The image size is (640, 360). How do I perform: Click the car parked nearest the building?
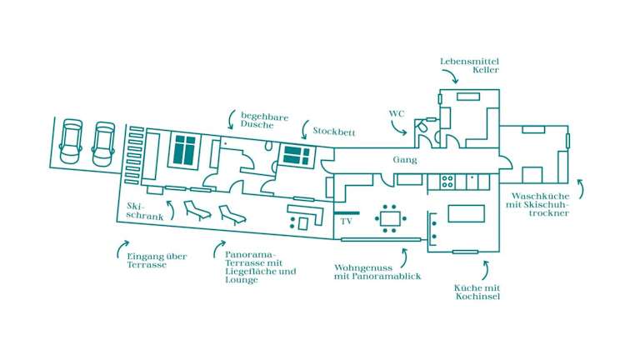[103, 144]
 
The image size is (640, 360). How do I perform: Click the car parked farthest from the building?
[71, 141]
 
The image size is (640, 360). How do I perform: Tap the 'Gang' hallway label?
[405, 160]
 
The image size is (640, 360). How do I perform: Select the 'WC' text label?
[397, 113]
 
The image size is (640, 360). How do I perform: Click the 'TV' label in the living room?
[346, 221]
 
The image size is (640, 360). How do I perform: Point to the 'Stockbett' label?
[334, 132]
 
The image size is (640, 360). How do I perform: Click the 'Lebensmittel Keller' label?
[469, 65]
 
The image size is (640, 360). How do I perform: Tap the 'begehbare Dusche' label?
[264, 120]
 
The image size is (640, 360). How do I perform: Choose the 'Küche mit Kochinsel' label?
[477, 292]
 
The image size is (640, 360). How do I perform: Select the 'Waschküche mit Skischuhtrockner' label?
[537, 204]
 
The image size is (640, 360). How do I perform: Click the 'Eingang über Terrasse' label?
[157, 260]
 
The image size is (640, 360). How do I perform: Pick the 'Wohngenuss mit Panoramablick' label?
[377, 272]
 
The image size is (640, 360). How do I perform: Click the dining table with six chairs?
[390, 219]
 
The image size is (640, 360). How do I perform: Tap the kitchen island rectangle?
[467, 213]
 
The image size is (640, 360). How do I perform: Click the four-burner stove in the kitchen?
[447, 182]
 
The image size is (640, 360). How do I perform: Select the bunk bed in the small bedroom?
[297, 156]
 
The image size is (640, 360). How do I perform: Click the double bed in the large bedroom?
[184, 151]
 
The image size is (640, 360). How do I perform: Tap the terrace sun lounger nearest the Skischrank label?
[197, 211]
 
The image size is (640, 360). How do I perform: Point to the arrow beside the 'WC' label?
[398, 127]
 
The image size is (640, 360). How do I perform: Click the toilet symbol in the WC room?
[421, 126]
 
